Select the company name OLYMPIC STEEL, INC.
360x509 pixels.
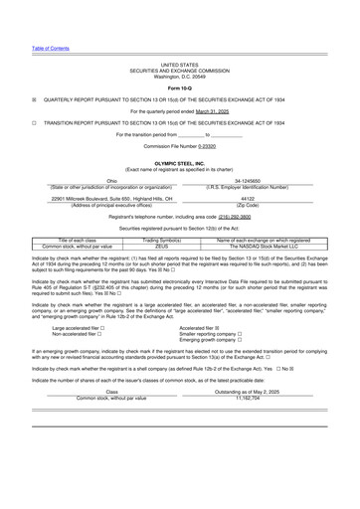(x=180, y=161)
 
